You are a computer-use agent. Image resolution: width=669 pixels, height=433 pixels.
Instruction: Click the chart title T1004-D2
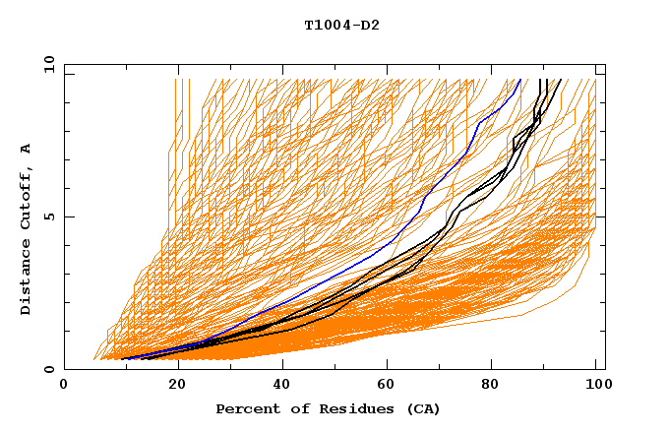click(x=341, y=26)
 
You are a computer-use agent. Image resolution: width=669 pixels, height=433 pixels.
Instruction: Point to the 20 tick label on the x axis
click(x=178, y=385)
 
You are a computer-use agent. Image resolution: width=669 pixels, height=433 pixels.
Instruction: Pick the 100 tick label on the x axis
click(x=596, y=385)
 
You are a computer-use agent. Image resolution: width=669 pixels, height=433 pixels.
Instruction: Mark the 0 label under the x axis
click(x=64, y=385)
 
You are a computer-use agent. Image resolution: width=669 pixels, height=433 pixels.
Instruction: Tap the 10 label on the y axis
click(x=46, y=64)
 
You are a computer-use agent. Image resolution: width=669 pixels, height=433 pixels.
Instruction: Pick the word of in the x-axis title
click(x=293, y=408)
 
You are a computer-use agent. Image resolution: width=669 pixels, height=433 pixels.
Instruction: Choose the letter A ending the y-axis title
click(x=26, y=149)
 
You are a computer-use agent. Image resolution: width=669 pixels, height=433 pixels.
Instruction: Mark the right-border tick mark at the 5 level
click(x=600, y=216)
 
